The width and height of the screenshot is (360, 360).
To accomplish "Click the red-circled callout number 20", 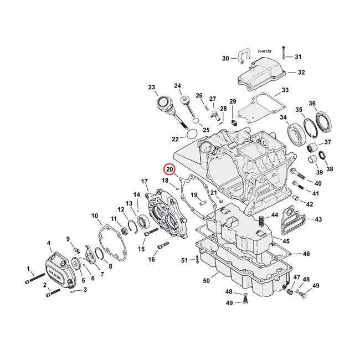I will click(x=169, y=169).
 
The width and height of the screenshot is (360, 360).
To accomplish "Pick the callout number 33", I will click(x=285, y=90).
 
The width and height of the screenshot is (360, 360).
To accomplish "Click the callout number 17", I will click(x=145, y=181).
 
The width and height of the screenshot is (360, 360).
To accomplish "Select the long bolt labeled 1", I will click(x=35, y=279).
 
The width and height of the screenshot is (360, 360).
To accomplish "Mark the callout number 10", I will click(x=94, y=215).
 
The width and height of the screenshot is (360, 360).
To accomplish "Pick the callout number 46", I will click(x=306, y=254).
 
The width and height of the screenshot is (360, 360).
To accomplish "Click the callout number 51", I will click(x=184, y=260).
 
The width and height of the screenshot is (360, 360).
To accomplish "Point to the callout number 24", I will click(x=178, y=86).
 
